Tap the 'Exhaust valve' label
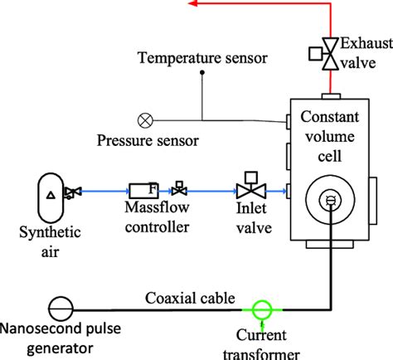tap(364, 53)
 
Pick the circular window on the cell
tap(328, 199)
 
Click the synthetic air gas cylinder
tap(50, 193)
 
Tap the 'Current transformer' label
tap(263, 343)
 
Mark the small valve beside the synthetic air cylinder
tap(74, 192)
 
